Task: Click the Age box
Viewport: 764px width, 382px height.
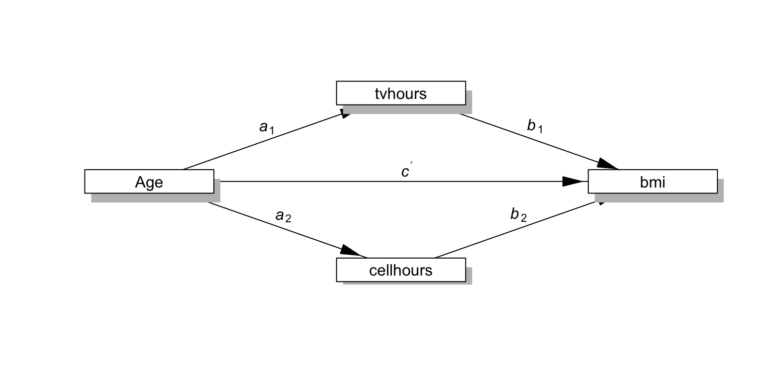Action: (149, 182)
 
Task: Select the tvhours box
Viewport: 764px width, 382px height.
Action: (401, 93)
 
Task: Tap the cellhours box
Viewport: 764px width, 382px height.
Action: (401, 270)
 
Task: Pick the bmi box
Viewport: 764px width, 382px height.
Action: (653, 182)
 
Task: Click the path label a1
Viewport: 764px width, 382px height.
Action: (267, 128)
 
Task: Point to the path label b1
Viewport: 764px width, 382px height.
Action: (535, 127)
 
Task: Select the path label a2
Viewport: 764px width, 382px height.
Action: (283, 216)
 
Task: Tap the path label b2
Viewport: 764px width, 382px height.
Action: (518, 215)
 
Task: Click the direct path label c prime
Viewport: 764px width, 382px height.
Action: (406, 172)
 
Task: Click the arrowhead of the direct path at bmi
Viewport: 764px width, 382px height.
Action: (573, 182)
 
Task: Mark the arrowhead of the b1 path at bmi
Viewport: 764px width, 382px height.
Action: (607, 164)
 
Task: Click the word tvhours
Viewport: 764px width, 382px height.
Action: (401, 94)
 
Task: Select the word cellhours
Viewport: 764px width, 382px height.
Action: (401, 270)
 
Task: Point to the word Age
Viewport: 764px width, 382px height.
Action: (149, 182)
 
